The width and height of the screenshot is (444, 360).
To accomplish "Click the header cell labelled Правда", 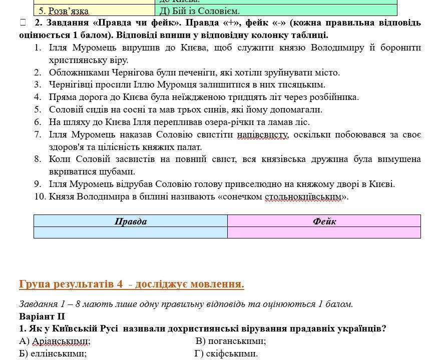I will [x=131, y=221].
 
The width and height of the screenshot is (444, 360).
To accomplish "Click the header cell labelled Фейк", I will [x=324, y=221].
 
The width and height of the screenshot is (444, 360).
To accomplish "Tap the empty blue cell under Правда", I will [x=131, y=232].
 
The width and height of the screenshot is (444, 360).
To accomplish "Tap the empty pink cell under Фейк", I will [x=324, y=232].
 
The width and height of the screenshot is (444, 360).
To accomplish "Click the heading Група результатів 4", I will [x=131, y=284].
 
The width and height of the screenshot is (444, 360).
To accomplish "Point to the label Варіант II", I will [x=42, y=316].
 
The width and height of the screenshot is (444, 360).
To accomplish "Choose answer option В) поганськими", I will [x=231, y=341].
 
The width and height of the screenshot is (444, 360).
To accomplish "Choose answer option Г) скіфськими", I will [x=226, y=354].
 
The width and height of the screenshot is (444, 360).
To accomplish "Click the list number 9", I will [x=38, y=184].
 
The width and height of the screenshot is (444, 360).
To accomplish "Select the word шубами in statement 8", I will [x=119, y=171].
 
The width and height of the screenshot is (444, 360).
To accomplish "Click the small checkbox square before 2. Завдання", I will [x=22, y=22].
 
